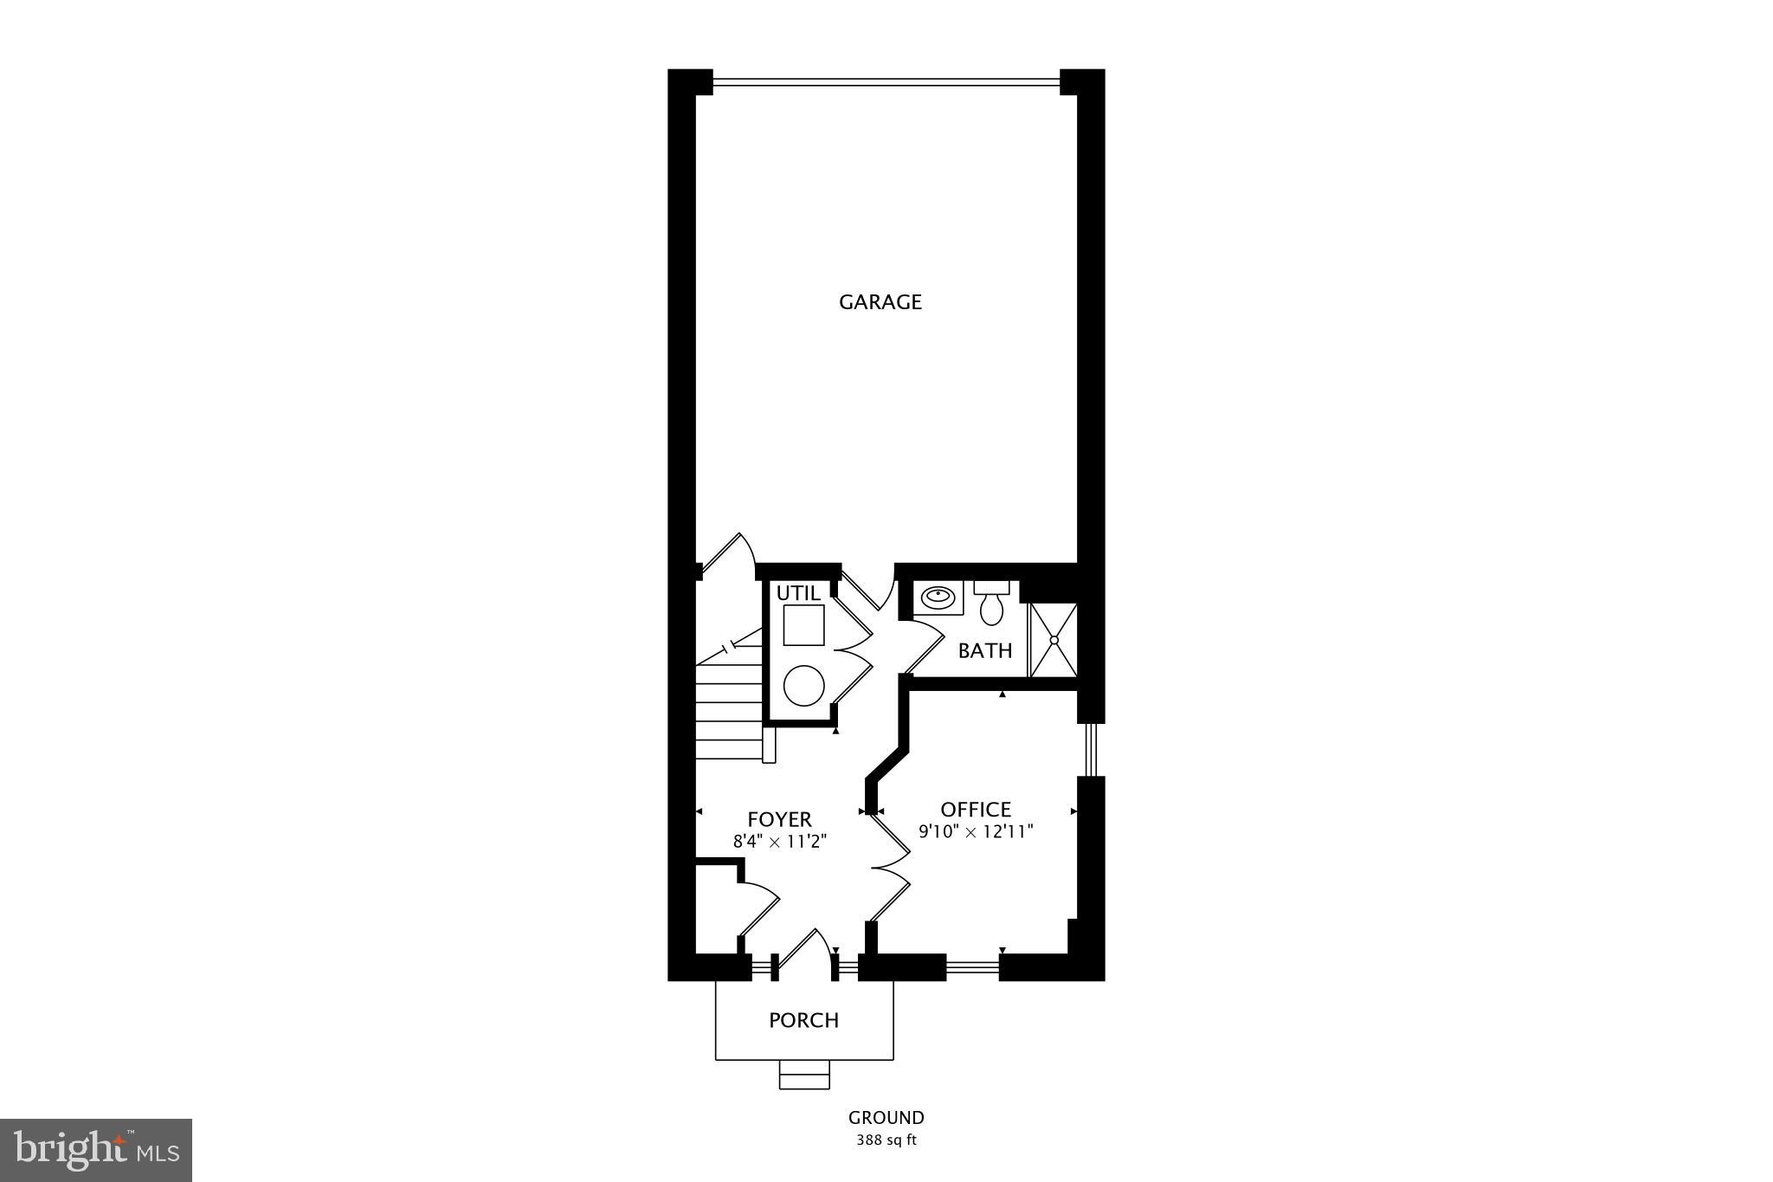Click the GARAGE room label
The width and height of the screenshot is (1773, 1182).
point(880,302)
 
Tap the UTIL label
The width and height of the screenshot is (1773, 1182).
point(797,593)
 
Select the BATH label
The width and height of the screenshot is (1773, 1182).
point(985,650)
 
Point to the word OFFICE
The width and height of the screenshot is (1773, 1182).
point(976,810)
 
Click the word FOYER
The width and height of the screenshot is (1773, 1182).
point(779,819)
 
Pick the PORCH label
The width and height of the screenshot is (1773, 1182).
point(803,1020)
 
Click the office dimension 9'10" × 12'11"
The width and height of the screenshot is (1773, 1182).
point(977,832)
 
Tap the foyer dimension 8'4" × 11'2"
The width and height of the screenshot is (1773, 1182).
point(780,839)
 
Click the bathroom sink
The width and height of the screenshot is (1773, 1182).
point(937,597)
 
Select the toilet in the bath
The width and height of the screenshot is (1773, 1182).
point(991,604)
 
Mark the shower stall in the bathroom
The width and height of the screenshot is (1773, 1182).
point(1054,640)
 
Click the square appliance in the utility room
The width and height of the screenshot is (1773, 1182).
point(803,625)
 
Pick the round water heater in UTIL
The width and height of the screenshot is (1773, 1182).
point(803,686)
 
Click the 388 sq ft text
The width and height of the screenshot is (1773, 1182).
point(886,1140)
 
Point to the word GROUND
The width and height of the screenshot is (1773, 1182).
point(886,1118)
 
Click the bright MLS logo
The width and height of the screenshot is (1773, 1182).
point(96,1150)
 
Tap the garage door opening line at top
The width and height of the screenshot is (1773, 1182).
point(886,83)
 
